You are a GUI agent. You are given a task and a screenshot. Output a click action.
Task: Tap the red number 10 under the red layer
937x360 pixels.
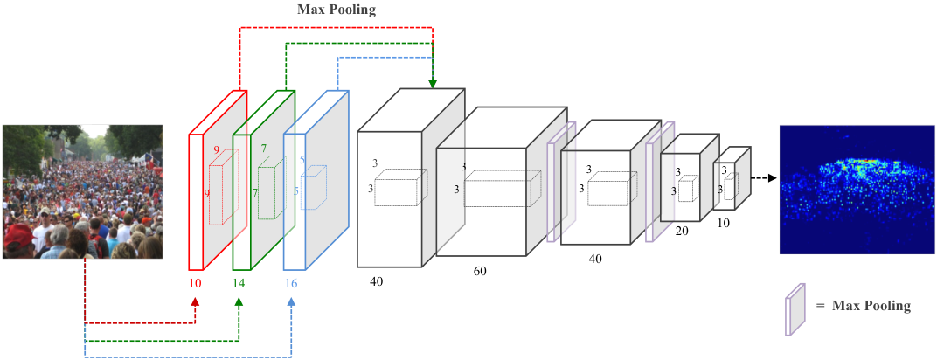point(196,283)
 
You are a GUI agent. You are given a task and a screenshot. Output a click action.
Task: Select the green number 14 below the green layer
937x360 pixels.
point(239,283)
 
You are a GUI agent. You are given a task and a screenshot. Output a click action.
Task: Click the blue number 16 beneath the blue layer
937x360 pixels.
point(290,283)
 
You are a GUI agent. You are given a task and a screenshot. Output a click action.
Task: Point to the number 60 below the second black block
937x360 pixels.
point(480,271)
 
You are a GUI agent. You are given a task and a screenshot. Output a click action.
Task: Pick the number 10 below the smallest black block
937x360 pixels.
point(723,224)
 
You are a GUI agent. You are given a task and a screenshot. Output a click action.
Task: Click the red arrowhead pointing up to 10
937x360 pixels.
point(196,301)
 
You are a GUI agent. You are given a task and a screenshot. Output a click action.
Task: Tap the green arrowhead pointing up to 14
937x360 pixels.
point(239,301)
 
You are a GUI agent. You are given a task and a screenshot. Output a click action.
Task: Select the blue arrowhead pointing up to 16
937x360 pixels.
point(291,301)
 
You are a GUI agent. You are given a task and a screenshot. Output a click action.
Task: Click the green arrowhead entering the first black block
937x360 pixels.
point(433,85)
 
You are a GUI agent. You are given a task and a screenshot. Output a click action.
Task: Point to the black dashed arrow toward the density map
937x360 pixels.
point(764,177)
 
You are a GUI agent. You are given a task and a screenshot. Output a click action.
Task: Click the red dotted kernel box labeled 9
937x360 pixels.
point(224,188)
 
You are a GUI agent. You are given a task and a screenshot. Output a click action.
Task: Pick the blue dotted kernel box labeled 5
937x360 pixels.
point(313,188)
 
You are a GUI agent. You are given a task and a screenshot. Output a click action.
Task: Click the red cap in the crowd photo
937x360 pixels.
point(18,235)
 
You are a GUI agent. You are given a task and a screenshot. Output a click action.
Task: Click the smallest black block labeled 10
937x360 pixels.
point(732,178)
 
